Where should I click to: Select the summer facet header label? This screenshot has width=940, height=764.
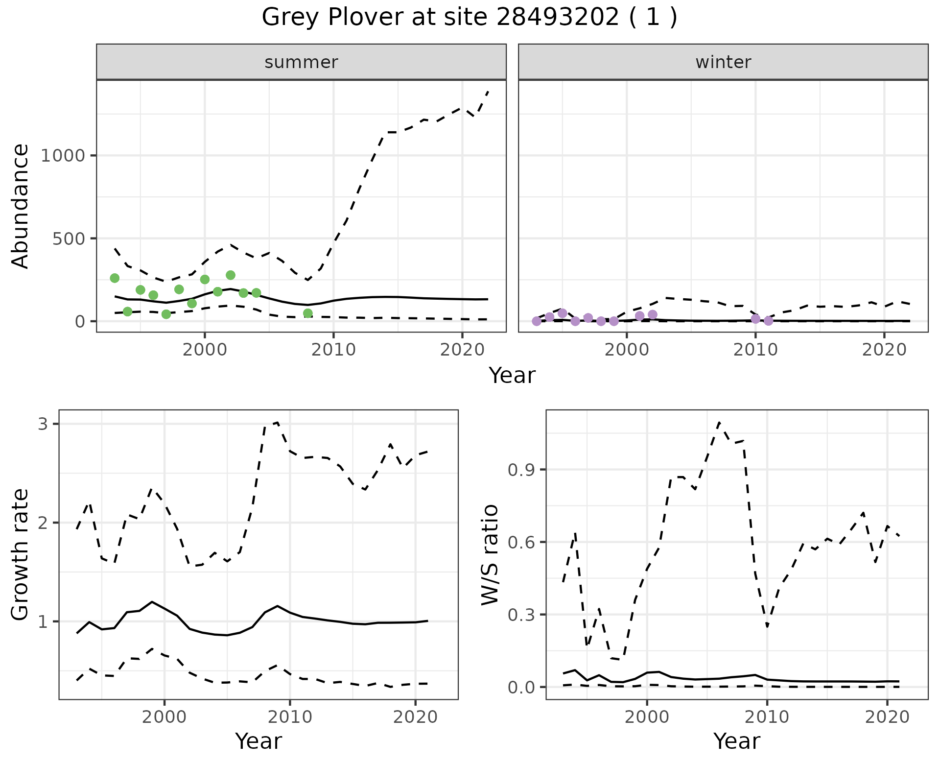(301, 62)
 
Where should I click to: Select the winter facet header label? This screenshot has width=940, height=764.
(723, 62)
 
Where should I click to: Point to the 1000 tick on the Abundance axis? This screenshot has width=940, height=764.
(63, 156)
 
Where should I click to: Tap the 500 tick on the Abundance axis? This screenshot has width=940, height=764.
(69, 239)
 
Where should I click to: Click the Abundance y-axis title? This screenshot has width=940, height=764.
(21, 206)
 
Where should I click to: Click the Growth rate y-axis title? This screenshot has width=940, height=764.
(21, 555)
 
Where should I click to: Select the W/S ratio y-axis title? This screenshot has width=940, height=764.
(490, 555)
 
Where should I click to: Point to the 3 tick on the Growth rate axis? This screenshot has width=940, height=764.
(43, 424)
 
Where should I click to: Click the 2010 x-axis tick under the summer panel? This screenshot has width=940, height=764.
(333, 350)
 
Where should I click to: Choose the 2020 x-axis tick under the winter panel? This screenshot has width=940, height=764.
(884, 350)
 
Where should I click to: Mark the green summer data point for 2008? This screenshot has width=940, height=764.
(307, 313)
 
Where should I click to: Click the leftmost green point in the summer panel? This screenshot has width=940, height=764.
(115, 278)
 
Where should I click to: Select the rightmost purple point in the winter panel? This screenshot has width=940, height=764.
(768, 321)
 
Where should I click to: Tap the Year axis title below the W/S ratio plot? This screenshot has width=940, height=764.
(736, 741)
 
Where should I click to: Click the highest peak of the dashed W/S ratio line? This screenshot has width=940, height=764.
(719, 422)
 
